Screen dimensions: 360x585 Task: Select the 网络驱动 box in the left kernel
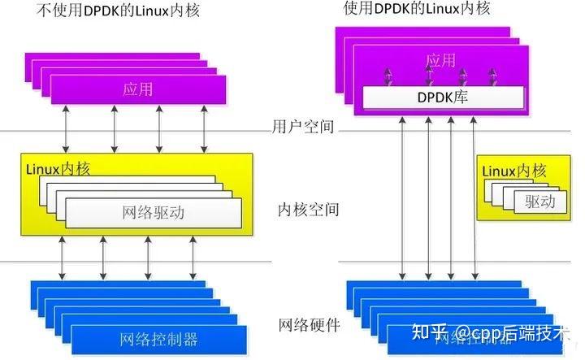point(154,213)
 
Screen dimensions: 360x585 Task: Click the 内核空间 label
point(308,210)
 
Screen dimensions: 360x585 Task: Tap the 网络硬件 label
point(308,325)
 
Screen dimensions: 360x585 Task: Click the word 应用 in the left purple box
point(137,89)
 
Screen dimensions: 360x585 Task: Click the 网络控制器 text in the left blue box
point(158,338)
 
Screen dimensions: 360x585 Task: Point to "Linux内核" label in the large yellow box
point(58,169)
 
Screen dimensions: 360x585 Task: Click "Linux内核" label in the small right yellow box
point(514,171)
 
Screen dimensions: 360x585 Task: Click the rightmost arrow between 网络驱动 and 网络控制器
point(193,258)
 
